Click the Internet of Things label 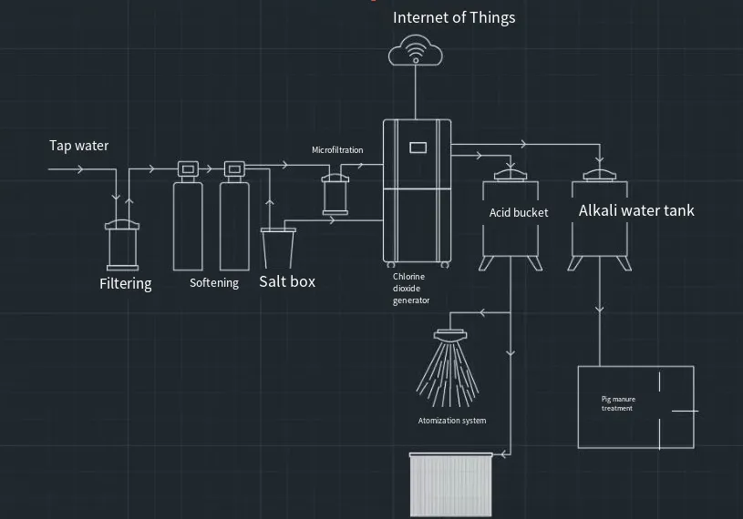[x=453, y=17]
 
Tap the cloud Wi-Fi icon [x=415, y=51]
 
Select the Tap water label [x=78, y=146]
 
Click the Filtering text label [x=126, y=283]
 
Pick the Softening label [x=214, y=283]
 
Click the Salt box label [x=287, y=281]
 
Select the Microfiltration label [x=337, y=150]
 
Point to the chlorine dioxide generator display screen [x=418, y=146]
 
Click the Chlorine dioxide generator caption [x=411, y=288]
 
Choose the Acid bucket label [x=519, y=213]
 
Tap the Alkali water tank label [x=636, y=211]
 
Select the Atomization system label [x=452, y=421]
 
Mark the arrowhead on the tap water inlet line [x=79, y=169]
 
